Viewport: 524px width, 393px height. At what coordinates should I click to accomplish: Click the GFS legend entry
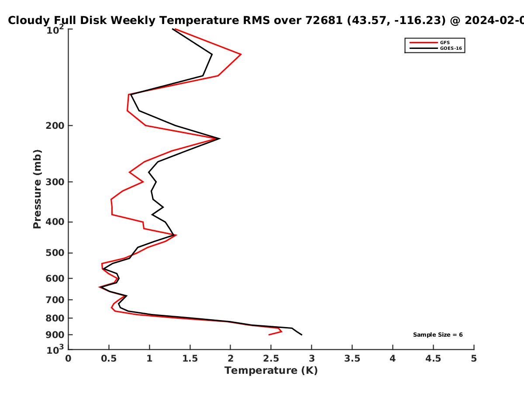[430, 42]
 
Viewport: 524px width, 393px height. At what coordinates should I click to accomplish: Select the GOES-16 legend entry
[436, 48]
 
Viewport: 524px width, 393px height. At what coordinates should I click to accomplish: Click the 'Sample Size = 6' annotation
[438, 335]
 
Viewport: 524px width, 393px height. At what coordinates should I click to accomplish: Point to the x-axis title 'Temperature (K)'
[271, 371]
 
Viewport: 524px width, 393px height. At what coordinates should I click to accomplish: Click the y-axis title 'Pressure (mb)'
[37, 189]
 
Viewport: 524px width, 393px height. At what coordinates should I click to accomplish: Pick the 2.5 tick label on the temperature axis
[271, 359]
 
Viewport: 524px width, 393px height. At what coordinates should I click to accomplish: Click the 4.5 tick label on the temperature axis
[433, 359]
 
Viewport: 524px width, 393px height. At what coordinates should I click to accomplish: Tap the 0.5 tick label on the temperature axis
[109, 359]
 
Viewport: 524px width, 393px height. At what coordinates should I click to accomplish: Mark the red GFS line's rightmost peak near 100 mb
[241, 54]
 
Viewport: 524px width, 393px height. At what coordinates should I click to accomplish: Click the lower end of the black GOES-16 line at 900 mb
[302, 335]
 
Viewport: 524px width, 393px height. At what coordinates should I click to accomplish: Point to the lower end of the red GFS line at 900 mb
[269, 335]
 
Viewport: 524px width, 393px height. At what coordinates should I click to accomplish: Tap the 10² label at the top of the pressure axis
[55, 30]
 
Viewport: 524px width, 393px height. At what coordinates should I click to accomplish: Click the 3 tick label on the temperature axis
[311, 359]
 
